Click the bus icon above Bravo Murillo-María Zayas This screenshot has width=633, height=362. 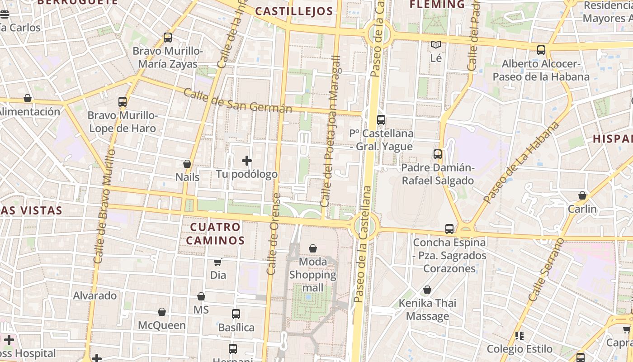click(x=168, y=38)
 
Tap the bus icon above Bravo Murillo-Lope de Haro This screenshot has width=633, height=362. click(x=123, y=102)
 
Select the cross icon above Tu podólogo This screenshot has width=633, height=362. click(x=247, y=161)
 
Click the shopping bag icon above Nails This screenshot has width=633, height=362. click(x=187, y=164)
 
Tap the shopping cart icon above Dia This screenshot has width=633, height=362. click(x=218, y=262)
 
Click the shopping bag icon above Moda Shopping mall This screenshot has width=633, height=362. click(x=313, y=248)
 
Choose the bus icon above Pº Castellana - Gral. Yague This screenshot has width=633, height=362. click(x=381, y=120)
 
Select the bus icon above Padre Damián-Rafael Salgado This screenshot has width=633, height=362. click(x=438, y=154)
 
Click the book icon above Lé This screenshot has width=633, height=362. click(x=436, y=45)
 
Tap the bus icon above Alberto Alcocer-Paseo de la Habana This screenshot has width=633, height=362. click(x=541, y=50)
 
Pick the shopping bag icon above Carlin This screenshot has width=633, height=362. click(x=582, y=196)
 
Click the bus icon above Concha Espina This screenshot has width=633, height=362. click(x=449, y=229)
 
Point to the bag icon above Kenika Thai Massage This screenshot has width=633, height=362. click(x=427, y=290)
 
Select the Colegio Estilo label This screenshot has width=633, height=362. click(x=520, y=349)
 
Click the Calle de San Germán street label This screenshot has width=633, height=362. click(x=238, y=101)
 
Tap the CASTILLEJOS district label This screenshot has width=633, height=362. click(x=294, y=11)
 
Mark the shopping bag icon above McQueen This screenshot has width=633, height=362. click(x=162, y=312)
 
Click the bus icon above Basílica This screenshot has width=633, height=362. click(x=236, y=314)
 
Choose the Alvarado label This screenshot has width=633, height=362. click(x=95, y=295)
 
